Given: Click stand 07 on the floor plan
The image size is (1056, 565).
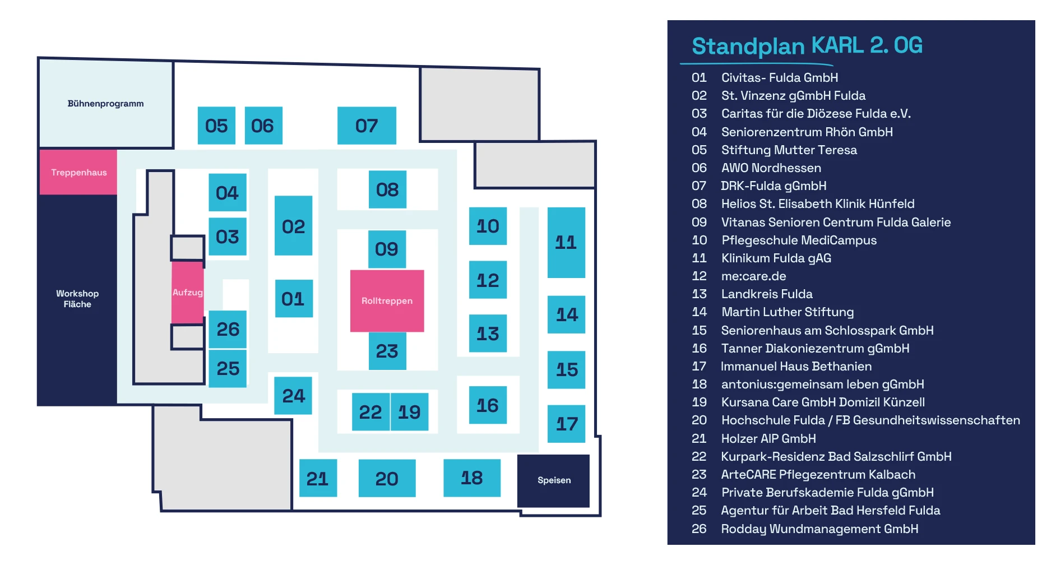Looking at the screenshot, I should click(x=367, y=126).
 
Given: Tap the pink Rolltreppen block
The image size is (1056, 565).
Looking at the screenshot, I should click(x=387, y=300).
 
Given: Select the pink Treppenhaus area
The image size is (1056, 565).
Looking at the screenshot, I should click(x=78, y=172).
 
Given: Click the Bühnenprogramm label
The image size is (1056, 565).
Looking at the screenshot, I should click(x=105, y=104).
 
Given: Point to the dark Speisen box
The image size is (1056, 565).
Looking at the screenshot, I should click(x=554, y=480).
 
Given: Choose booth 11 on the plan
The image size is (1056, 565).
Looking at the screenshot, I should click(x=566, y=242).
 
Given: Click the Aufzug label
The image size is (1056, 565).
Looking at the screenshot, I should click(x=187, y=293).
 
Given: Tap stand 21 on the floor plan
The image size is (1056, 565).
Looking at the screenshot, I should click(x=317, y=478).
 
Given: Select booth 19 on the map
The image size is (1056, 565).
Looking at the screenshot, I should click(x=409, y=412).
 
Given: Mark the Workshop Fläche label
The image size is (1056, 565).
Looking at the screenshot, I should click(x=77, y=299).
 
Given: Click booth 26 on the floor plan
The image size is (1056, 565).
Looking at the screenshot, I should click(x=228, y=329).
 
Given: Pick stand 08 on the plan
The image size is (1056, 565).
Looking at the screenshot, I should click(x=387, y=189).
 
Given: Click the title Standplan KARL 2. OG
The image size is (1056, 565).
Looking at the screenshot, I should click(x=807, y=45).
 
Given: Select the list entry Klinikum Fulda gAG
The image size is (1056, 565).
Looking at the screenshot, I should click(x=776, y=258).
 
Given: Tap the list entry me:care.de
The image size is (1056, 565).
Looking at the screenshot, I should click(x=753, y=276).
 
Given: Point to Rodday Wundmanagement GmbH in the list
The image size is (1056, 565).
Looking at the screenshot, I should click(x=819, y=529).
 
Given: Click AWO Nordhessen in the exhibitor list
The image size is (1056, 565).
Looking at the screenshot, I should click(x=771, y=168).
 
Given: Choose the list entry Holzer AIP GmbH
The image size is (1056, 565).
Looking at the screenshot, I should click(x=768, y=439).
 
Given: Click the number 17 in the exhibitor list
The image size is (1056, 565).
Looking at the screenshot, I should click(x=699, y=367).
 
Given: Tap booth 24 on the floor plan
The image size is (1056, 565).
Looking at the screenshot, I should click(x=293, y=396).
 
